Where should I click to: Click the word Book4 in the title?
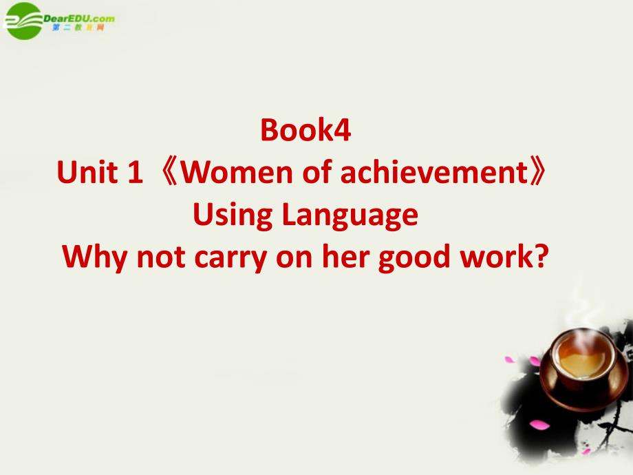[305, 130]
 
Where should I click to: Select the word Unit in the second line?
[87, 172]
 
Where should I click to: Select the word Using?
[233, 215]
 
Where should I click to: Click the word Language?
[350, 215]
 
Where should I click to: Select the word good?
[414, 257]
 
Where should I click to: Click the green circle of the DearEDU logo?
[23, 21]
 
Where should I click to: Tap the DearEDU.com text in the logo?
[78, 19]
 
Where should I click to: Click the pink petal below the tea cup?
[539, 425]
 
